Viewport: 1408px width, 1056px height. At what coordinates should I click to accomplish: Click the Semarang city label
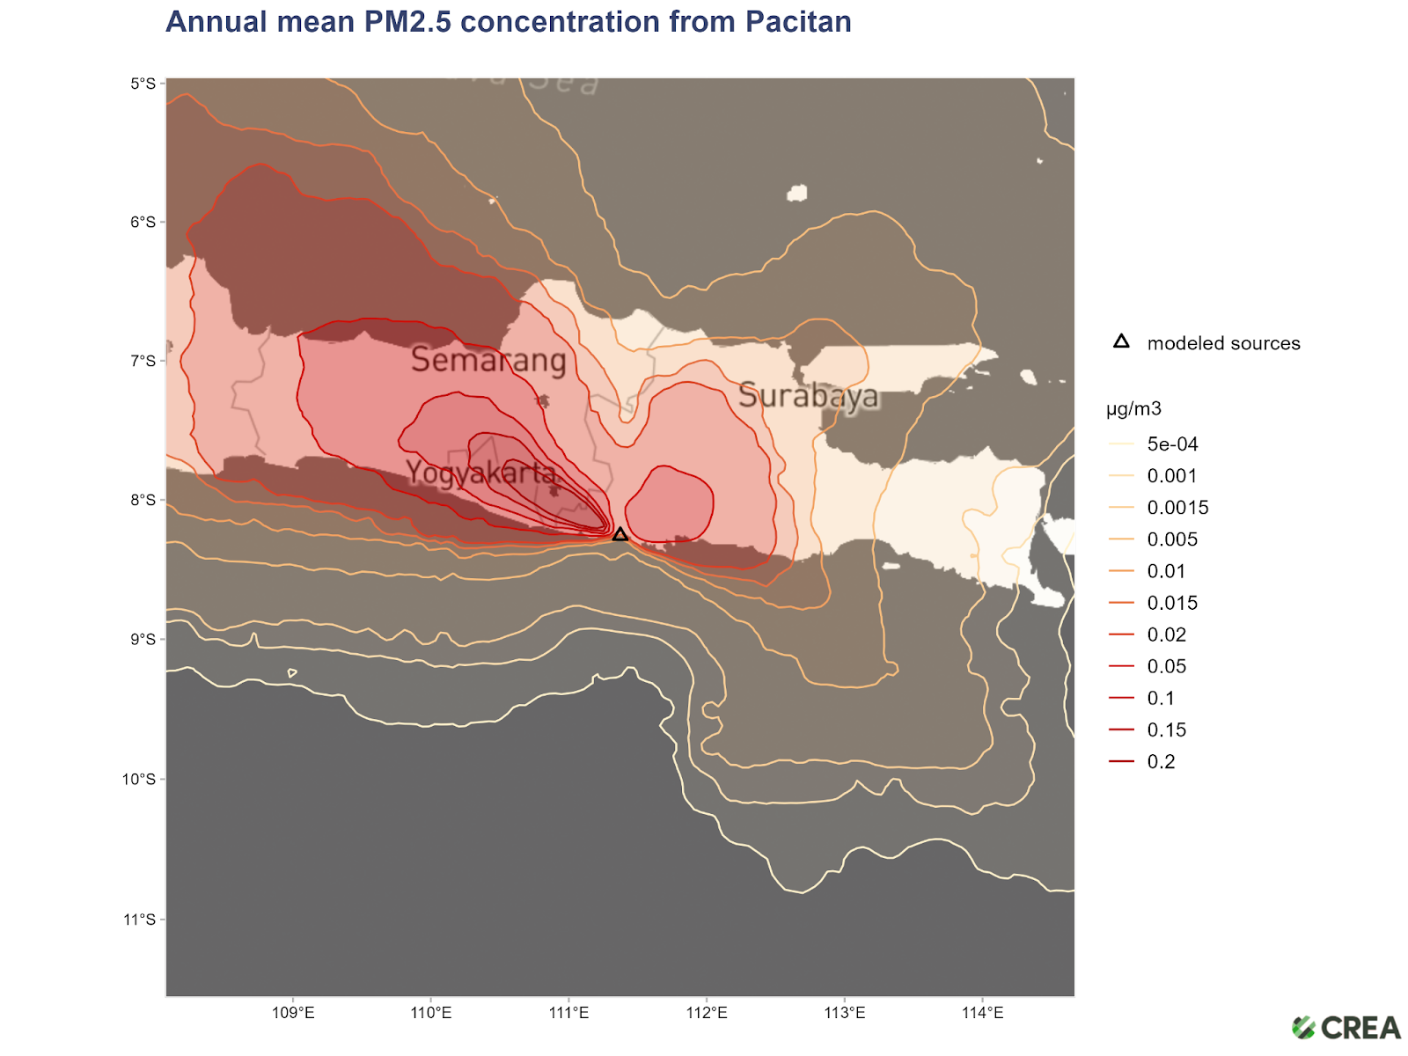pyautogui.click(x=488, y=359)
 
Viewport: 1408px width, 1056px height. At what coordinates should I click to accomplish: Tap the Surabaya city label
pyautogui.click(x=808, y=396)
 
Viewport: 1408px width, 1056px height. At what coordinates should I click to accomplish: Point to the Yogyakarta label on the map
pyautogui.click(x=480, y=473)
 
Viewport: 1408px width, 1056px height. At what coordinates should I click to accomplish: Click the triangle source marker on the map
pyautogui.click(x=620, y=534)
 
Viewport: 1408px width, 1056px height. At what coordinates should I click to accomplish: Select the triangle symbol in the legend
pyautogui.click(x=1121, y=341)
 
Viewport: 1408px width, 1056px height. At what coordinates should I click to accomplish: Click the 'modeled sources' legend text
pyautogui.click(x=1223, y=343)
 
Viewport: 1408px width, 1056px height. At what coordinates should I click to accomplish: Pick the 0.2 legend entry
pyautogui.click(x=1160, y=761)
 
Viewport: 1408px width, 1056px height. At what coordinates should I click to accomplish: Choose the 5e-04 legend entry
pyautogui.click(x=1172, y=444)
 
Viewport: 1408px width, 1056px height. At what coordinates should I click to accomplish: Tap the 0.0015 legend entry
pyautogui.click(x=1177, y=508)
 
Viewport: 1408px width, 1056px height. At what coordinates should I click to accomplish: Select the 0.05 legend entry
pyautogui.click(x=1166, y=666)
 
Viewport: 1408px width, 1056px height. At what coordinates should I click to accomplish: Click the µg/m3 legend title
pyautogui.click(x=1133, y=408)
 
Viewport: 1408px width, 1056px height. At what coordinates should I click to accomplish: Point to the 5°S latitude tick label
pyautogui.click(x=143, y=84)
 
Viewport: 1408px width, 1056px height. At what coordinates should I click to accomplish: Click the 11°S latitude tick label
pyautogui.click(x=139, y=920)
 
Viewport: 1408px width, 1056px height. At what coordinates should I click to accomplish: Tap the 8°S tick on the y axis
pyautogui.click(x=143, y=500)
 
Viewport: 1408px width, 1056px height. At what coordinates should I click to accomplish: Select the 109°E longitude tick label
pyautogui.click(x=293, y=1013)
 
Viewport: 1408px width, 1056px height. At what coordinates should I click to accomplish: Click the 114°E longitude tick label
pyautogui.click(x=982, y=1013)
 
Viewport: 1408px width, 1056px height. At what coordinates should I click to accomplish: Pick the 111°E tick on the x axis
pyautogui.click(x=568, y=1013)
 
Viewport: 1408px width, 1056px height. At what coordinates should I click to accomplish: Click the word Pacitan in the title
pyautogui.click(x=798, y=21)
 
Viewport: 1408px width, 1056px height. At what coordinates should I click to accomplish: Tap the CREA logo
pyautogui.click(x=1346, y=1027)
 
